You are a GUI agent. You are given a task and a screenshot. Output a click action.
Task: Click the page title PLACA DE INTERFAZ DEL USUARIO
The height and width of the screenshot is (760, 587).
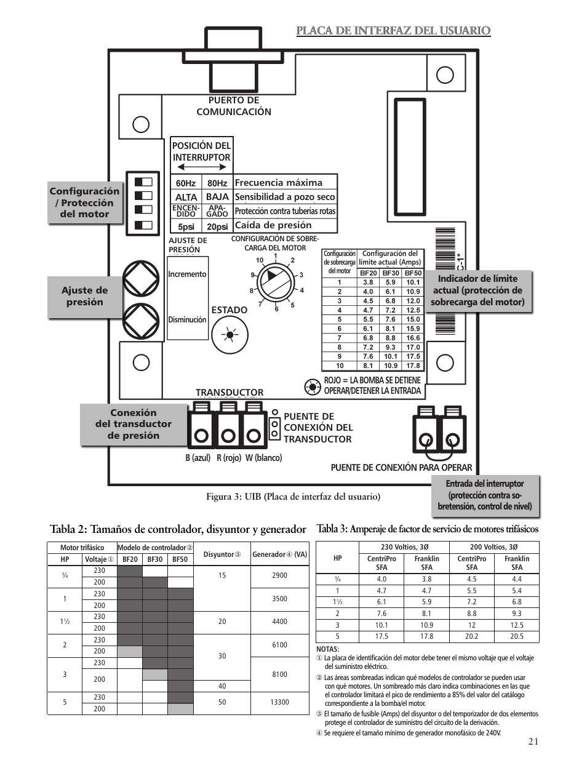393,31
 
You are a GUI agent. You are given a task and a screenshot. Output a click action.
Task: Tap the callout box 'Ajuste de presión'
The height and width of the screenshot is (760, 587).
85,297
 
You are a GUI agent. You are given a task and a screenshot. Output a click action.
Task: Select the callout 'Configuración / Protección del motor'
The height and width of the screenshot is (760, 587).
85,202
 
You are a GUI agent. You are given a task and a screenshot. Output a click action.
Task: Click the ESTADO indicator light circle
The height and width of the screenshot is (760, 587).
230,335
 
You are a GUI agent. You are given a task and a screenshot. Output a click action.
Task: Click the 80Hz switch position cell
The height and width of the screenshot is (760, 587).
217,183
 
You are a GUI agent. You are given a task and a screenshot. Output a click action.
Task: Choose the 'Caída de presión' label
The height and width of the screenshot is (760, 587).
273,225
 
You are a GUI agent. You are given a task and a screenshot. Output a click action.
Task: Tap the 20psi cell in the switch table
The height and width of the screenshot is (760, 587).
217,226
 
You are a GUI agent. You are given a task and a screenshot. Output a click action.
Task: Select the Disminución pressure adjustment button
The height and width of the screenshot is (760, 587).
141,321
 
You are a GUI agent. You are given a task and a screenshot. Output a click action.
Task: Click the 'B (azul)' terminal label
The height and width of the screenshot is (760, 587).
198,458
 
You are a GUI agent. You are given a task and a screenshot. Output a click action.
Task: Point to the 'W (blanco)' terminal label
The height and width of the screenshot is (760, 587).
264,458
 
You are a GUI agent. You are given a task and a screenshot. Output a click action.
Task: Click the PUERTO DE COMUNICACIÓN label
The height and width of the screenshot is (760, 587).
234,106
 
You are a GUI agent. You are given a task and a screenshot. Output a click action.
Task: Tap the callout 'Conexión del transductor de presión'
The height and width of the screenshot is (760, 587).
134,424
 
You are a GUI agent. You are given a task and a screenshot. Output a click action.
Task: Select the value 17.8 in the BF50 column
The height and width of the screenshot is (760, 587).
413,366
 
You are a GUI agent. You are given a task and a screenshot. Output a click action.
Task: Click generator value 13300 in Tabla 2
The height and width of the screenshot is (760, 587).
279,702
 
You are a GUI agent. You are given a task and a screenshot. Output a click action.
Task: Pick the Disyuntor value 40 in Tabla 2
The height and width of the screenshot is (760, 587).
222,686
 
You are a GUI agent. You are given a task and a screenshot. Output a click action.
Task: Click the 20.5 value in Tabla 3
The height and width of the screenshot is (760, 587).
516,636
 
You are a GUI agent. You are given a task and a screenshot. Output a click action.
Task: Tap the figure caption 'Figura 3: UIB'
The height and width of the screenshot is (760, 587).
293,497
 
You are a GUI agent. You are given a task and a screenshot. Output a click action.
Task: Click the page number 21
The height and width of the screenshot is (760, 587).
533,741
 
